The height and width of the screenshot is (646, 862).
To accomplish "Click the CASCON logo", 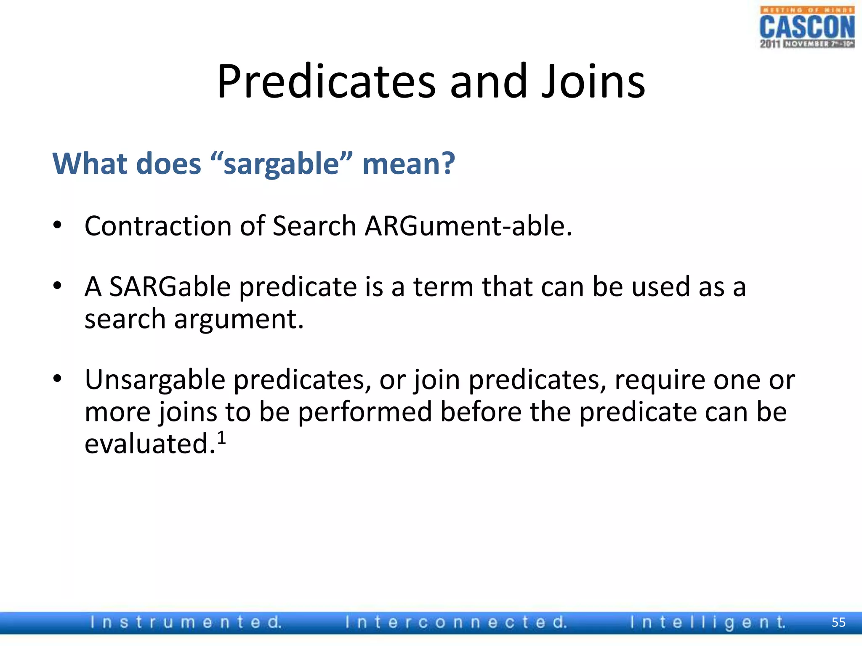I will pyautogui.click(x=806, y=27).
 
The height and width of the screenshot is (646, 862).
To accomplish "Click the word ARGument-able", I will pyautogui.click(x=468, y=226).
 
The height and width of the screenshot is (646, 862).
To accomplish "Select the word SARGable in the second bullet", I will pyautogui.click(x=170, y=287).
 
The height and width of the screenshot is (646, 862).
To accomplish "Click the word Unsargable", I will pyautogui.click(x=155, y=380).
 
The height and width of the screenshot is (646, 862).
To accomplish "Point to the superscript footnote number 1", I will pyautogui.click(x=221, y=438).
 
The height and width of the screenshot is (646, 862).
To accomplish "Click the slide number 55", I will pyautogui.click(x=838, y=622).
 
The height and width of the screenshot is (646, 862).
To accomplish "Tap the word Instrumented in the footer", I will pyautogui.click(x=186, y=622).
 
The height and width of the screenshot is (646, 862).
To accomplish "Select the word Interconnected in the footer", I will pyautogui.click(x=456, y=622).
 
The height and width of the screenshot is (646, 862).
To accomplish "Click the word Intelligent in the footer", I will pyautogui.click(x=708, y=622).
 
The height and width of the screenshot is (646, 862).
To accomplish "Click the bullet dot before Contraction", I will pyautogui.click(x=58, y=225).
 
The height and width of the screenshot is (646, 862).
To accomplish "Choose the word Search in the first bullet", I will pyautogui.click(x=314, y=226).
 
